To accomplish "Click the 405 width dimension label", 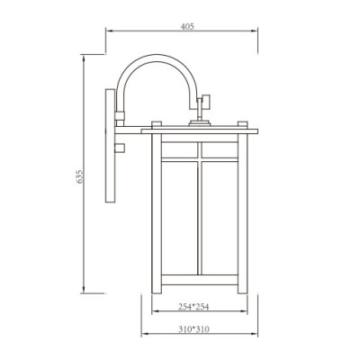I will (x=187, y=27).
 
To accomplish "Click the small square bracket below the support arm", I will (x=120, y=145).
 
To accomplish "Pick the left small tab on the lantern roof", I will (x=156, y=125).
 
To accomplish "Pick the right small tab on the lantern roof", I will (x=243, y=125).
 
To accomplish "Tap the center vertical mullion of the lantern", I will (x=200, y=216).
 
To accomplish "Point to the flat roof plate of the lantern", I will (x=200, y=131).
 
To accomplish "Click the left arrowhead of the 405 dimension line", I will (x=110, y=32).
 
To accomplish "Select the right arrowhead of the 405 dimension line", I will (x=259, y=32).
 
